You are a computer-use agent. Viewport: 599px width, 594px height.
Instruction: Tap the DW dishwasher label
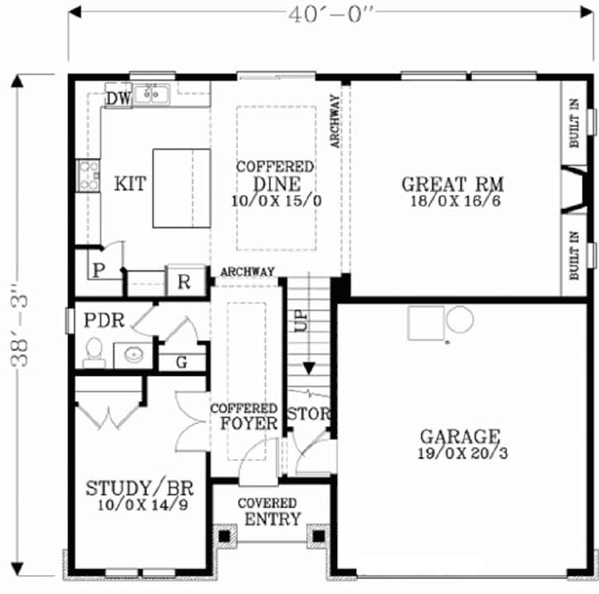(118, 99)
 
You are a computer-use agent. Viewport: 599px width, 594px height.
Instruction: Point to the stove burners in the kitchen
(88, 176)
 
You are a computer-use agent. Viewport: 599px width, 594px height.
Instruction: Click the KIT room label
(130, 183)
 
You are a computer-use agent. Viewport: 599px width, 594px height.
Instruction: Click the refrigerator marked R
(183, 282)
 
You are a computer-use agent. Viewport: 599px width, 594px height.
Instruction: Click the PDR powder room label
(104, 320)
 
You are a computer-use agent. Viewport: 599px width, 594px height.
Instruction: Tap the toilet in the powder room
(93, 353)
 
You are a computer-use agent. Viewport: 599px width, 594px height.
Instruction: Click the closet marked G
(181, 362)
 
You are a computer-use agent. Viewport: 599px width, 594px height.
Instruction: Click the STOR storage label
(308, 413)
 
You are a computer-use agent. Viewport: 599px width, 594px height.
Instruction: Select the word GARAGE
(459, 436)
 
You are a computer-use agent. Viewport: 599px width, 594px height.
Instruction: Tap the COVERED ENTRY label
(268, 511)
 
